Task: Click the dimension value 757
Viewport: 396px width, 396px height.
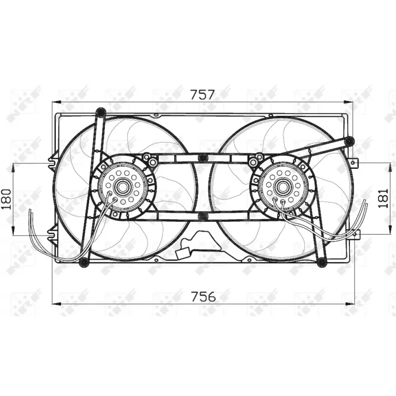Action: click(202, 94)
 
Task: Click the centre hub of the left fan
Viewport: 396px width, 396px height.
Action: click(121, 187)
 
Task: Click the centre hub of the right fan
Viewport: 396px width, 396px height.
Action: click(283, 187)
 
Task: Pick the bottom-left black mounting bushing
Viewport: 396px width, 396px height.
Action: click(84, 261)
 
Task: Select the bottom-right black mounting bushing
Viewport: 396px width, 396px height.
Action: click(321, 261)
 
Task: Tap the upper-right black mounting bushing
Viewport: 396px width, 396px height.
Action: click(349, 142)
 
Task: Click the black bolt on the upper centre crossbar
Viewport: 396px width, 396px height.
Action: click(202, 158)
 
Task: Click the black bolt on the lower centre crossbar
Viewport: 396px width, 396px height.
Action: click(202, 216)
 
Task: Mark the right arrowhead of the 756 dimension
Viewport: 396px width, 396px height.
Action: click(352, 303)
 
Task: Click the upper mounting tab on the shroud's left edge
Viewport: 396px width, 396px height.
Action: click(51, 161)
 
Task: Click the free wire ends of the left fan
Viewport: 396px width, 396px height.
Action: click(31, 213)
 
